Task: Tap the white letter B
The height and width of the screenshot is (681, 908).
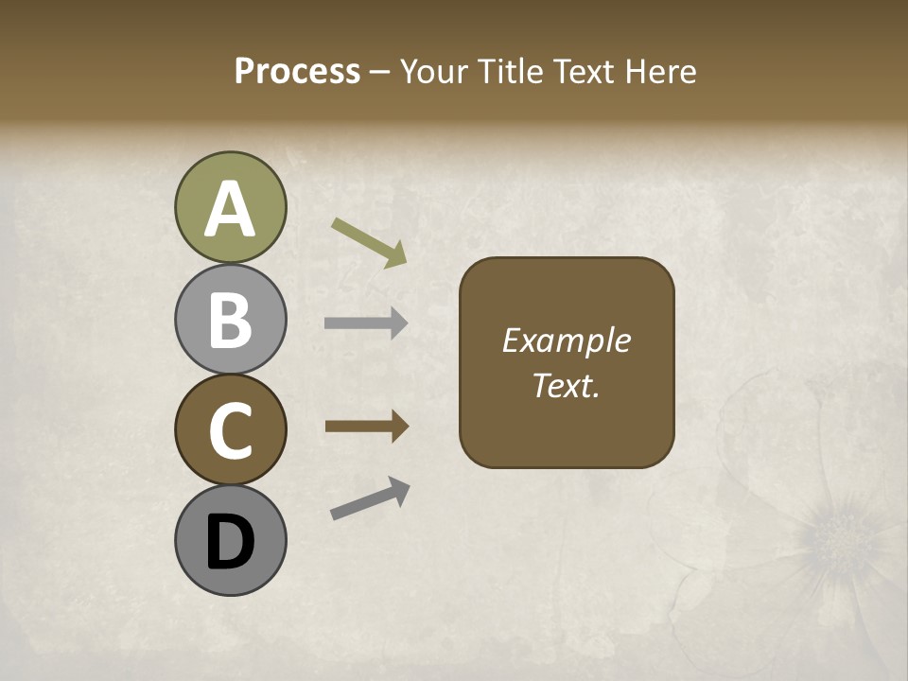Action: coord(231,321)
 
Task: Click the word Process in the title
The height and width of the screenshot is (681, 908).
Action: coord(297,72)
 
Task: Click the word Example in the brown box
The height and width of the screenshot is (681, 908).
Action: coord(566,340)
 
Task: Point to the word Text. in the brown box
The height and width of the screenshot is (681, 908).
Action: coord(566,386)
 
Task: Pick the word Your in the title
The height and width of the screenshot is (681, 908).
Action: coord(435,72)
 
